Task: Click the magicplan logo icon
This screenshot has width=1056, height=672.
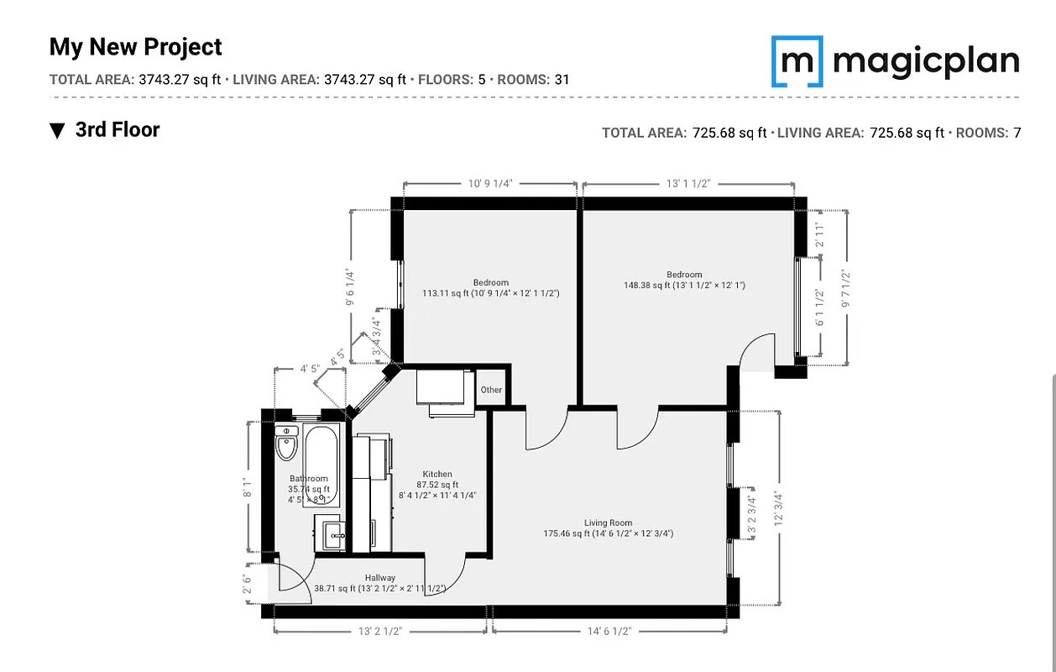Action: click(x=797, y=61)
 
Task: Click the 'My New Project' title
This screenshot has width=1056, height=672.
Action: click(x=136, y=47)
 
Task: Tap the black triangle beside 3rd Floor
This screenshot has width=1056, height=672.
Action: click(x=57, y=130)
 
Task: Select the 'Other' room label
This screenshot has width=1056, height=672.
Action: click(x=491, y=390)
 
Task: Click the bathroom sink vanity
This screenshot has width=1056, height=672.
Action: click(x=331, y=533)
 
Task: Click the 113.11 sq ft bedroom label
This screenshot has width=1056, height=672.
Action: click(x=490, y=288)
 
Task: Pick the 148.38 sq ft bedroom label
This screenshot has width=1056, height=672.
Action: click(x=684, y=280)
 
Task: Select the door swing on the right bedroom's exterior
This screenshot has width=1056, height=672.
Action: click(x=757, y=351)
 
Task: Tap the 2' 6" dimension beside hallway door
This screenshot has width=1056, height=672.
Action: click(x=246, y=583)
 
